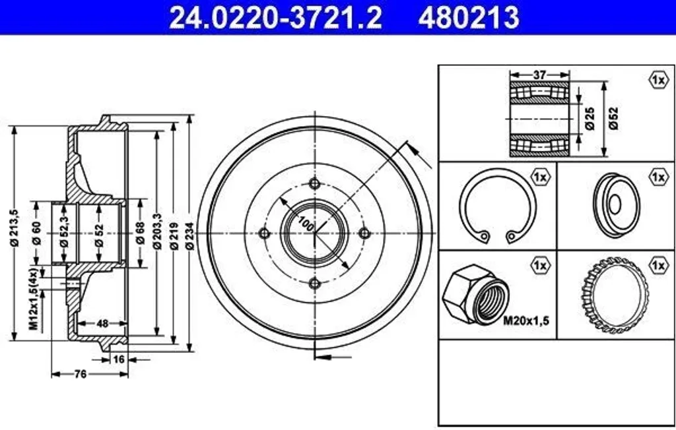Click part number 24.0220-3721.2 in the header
275,18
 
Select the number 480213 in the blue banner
469,18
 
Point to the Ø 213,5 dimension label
15,228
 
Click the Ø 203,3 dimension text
157,231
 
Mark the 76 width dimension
81,374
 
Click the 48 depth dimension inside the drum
102,322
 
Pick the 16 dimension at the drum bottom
119,359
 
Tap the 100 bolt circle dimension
306,224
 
